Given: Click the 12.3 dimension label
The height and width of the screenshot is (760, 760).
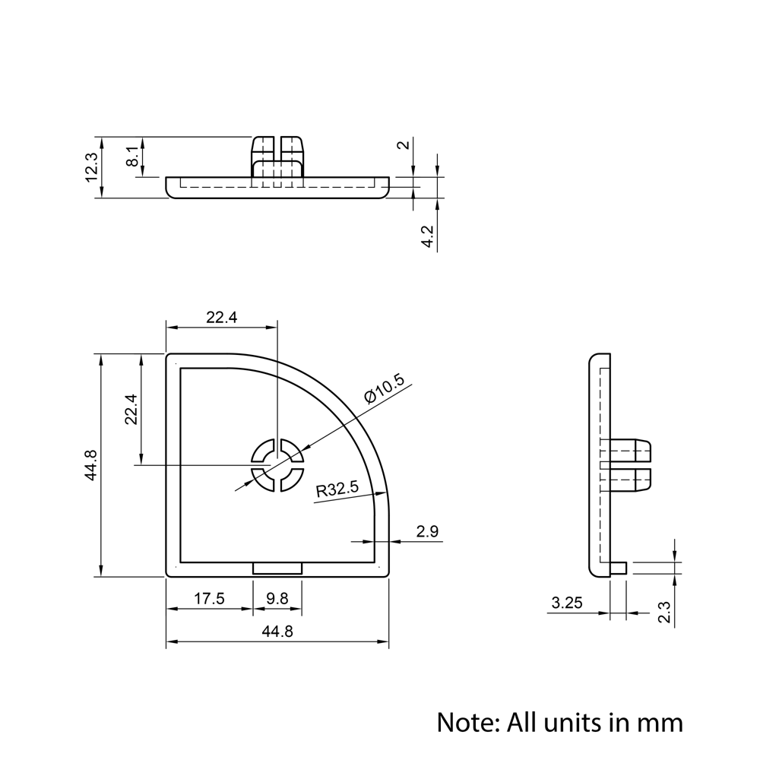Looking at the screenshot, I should pos(91,167).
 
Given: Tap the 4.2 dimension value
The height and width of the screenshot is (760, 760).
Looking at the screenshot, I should pos(428,237).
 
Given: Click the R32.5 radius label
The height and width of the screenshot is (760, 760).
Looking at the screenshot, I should pos(337,489).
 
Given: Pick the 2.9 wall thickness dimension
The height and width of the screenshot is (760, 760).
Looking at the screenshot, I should pos(428,531).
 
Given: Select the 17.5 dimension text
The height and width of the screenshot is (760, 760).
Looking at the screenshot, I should pos(209,599).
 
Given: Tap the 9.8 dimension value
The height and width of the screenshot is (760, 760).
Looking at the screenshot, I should pos(277,599).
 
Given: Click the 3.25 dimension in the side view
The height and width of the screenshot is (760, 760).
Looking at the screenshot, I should pos(567,603).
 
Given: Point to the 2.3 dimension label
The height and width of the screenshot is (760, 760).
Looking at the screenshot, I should pos(664,612).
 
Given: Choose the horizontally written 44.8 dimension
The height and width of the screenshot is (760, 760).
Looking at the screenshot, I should pos(277,632).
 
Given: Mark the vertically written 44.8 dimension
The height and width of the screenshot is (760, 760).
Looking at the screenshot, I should pos(91,465).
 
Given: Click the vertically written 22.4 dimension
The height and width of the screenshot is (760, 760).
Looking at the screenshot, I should pos(131,409).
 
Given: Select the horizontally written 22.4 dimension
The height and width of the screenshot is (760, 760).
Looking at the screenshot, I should pos(222,318).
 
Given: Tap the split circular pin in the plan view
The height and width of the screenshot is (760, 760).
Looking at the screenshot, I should pos(277,465).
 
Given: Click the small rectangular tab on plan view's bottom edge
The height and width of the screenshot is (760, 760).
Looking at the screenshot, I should pos(277,568).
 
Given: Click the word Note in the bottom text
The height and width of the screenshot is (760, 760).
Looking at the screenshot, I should pos(464,721).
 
